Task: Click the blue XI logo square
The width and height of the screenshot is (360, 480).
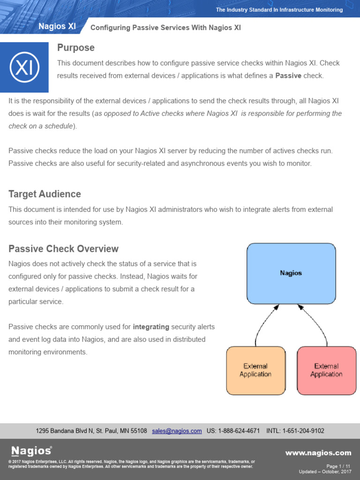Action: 24,67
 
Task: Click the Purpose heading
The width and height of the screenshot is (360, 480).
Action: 75,48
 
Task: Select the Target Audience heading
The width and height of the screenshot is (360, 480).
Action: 45,194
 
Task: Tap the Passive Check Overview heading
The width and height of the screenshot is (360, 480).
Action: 63,249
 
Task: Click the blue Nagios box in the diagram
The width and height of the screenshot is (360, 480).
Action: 291,273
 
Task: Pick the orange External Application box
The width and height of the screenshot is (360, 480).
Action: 255,370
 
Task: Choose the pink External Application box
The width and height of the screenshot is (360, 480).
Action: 326,370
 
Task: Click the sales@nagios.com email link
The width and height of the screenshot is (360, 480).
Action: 177,431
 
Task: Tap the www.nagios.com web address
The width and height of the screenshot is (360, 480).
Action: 318,453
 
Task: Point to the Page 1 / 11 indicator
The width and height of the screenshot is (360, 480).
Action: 338,466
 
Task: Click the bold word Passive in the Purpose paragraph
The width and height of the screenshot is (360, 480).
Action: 288,75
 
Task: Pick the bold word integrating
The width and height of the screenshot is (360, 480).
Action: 151,327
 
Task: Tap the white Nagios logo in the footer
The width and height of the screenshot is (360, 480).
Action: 31,451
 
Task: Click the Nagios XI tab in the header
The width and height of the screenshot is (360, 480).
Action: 57,27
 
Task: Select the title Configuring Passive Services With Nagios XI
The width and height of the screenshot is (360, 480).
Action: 165,28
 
